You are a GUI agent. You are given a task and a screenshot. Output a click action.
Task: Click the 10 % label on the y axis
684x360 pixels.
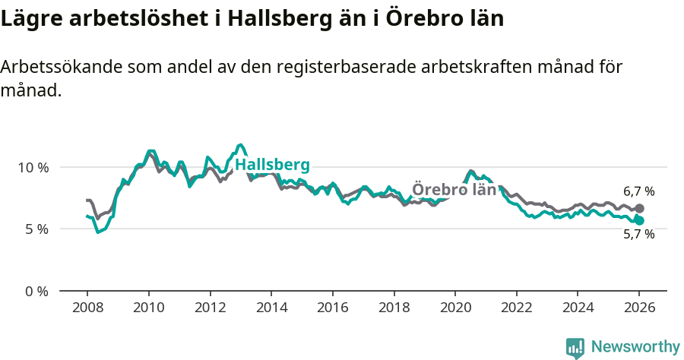[33, 167]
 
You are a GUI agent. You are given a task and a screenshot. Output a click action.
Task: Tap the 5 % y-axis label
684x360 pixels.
[36, 229]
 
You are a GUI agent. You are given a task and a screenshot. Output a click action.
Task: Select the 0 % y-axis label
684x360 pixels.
[36, 291]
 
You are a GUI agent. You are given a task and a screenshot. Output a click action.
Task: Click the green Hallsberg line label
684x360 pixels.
[272, 166]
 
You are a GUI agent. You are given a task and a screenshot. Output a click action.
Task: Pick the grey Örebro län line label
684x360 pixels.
[454, 190]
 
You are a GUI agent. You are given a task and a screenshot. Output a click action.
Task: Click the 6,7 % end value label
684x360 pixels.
[638, 192]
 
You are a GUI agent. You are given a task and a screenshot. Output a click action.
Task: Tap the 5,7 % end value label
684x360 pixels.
[638, 235]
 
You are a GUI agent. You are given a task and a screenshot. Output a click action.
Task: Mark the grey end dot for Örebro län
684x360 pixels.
[639, 208]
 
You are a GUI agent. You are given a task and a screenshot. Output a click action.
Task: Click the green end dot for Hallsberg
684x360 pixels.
[639, 220]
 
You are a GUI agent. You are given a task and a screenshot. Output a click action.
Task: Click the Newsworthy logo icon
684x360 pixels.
[575, 347]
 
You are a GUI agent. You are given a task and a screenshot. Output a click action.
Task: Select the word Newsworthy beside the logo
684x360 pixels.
[635, 347]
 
